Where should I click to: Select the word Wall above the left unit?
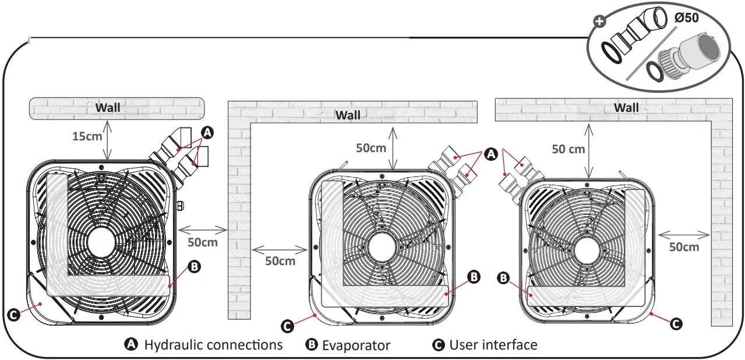[108, 107]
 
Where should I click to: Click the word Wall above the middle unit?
[348, 115]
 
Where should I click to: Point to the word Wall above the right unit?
[626, 108]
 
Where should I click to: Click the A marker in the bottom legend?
[132, 345]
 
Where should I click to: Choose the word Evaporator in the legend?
[356, 345]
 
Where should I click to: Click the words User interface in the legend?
[493, 345]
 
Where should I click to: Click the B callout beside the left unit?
[195, 267]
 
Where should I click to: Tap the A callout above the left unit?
[207, 133]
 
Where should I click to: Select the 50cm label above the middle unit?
[371, 148]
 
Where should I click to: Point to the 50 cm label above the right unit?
[568, 149]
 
